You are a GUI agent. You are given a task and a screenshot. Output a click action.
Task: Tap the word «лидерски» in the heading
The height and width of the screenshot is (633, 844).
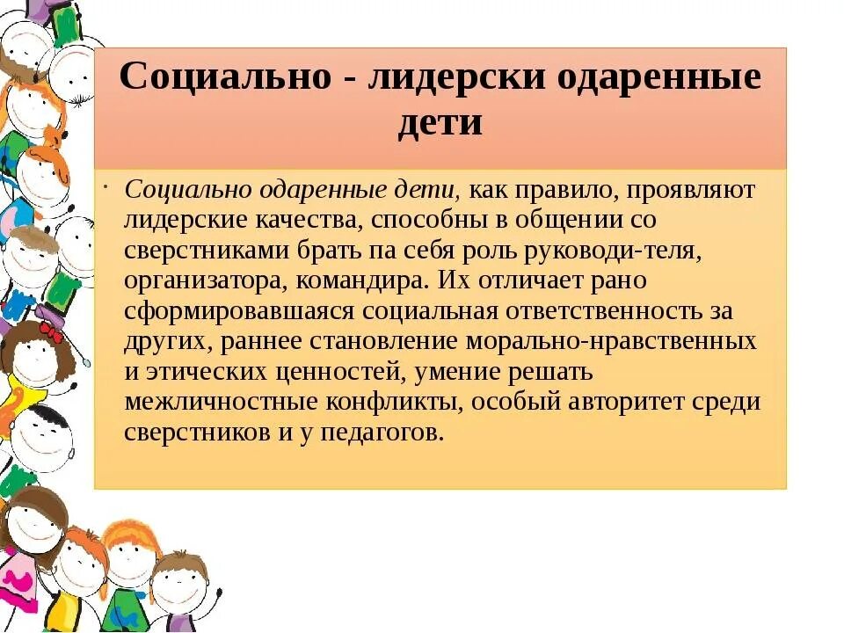coord(458,76)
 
